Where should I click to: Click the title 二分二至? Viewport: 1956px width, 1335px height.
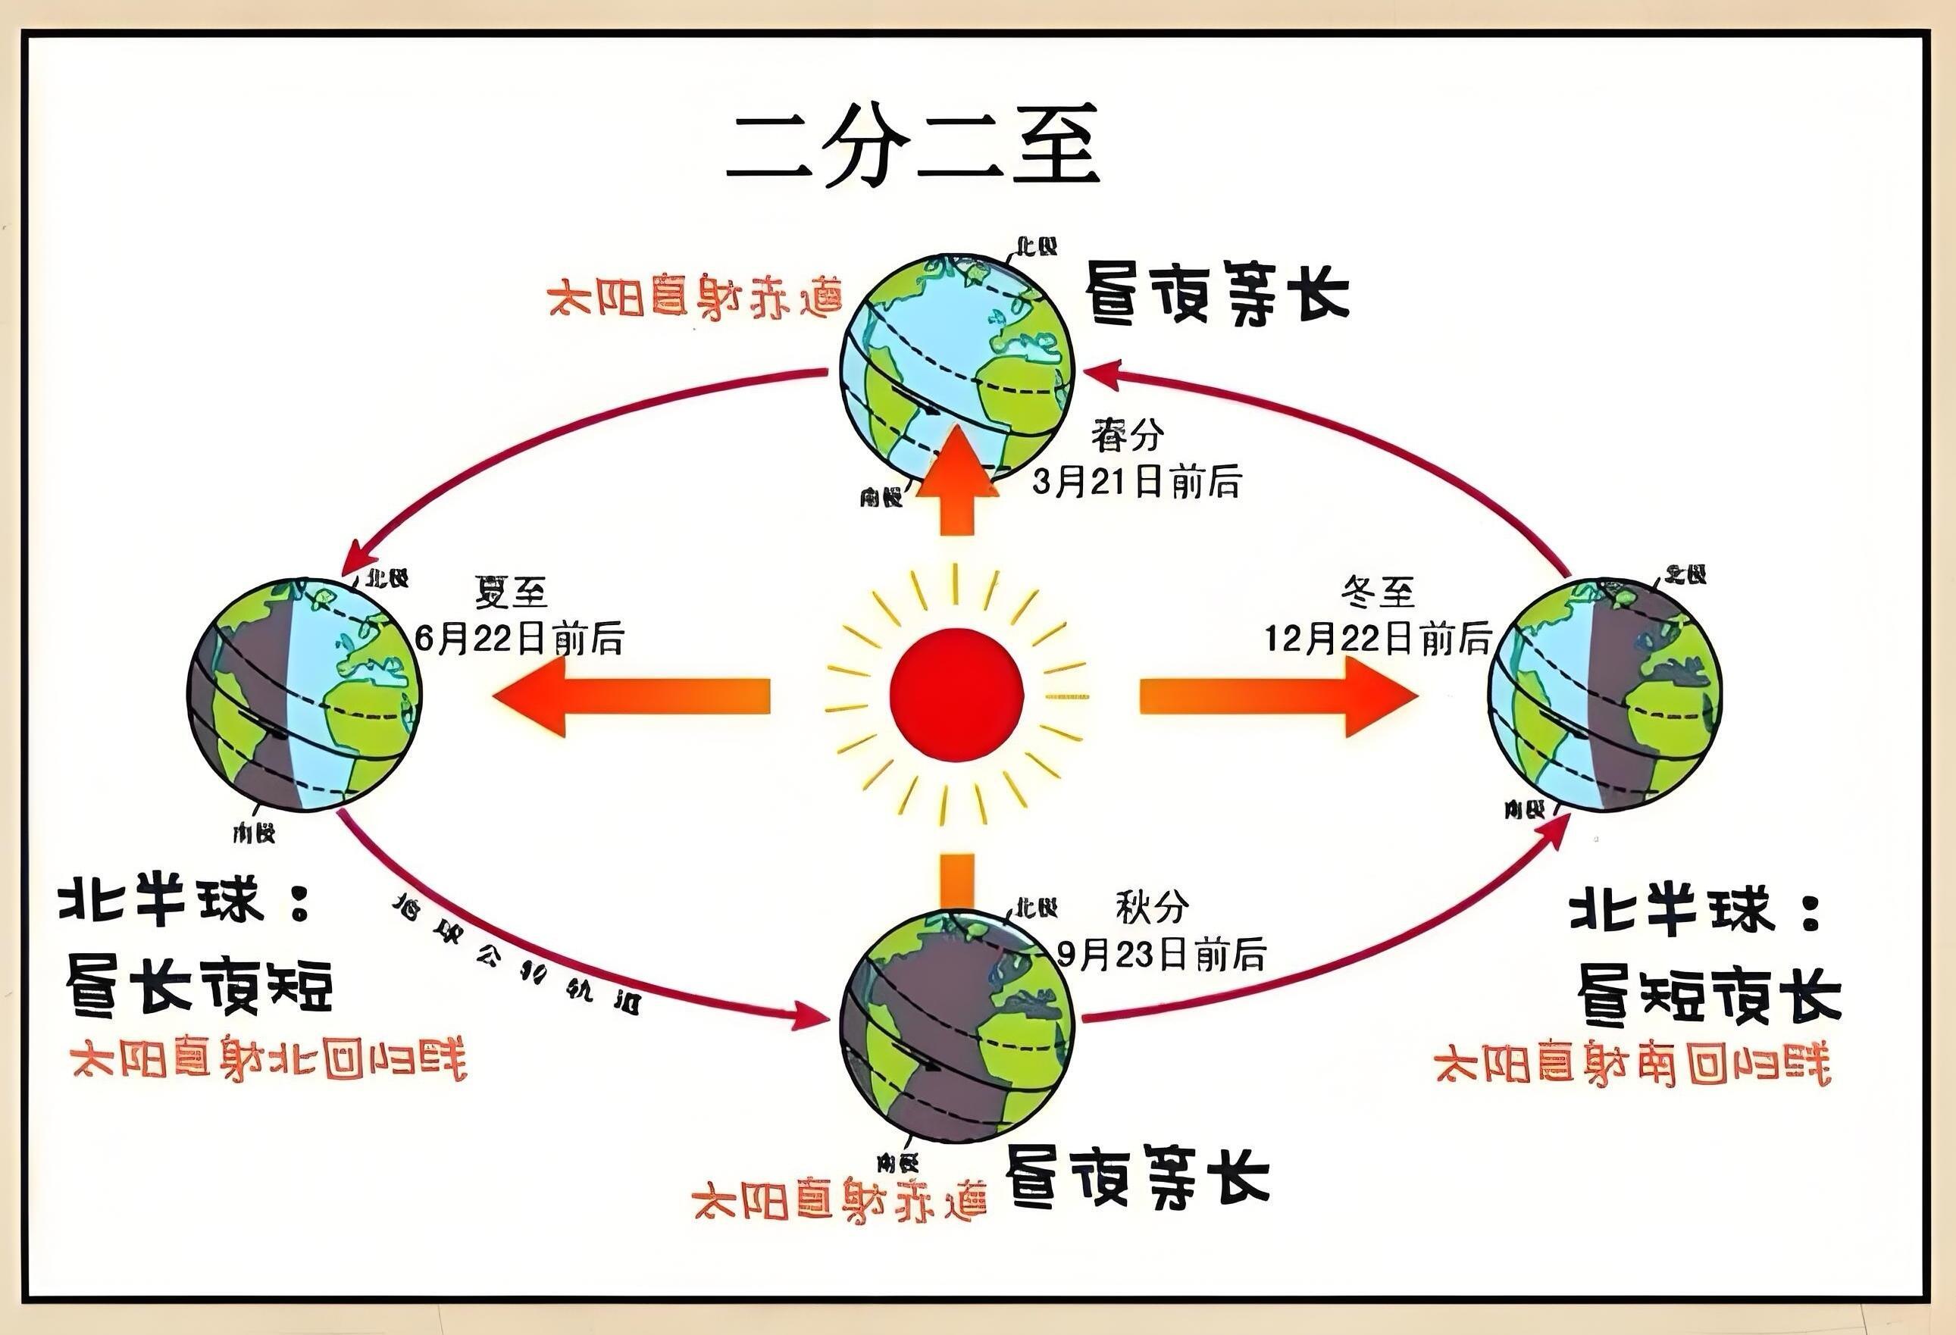point(912,145)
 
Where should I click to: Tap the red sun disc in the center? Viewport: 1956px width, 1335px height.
point(957,694)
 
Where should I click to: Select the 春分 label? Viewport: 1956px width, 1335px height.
point(1128,436)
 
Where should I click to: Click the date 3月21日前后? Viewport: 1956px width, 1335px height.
point(1137,483)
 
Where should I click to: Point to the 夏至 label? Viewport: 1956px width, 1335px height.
point(511,593)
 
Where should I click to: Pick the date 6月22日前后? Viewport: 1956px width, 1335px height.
point(519,639)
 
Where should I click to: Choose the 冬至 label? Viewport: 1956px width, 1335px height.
point(1378,593)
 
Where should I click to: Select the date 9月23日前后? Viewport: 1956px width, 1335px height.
point(1162,955)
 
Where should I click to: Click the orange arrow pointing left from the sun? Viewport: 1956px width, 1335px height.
point(631,696)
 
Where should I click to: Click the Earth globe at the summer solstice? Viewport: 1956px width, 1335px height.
point(304,695)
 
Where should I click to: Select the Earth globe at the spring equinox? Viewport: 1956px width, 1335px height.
point(958,370)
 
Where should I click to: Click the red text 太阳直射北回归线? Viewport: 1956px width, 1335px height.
point(268,1061)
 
